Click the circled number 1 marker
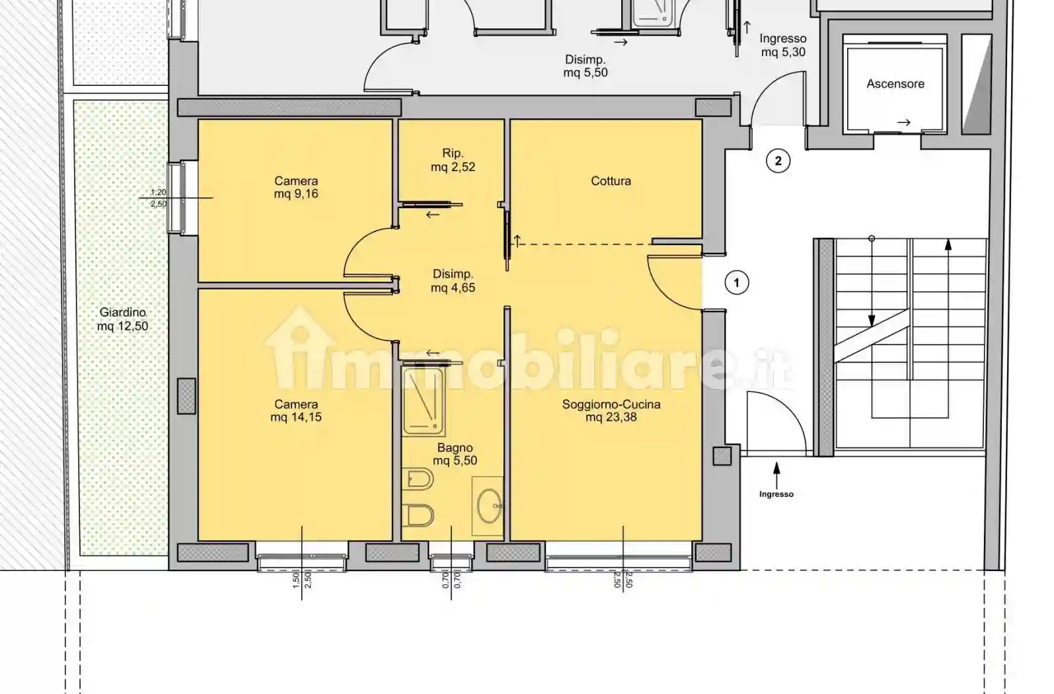[737, 283]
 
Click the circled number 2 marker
[778, 161]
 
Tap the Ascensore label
[895, 84]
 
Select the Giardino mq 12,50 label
[122, 319]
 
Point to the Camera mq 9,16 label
[296, 187]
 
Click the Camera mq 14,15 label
[296, 410]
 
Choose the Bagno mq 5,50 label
[455, 454]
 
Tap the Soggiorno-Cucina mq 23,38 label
[611, 410]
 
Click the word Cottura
[611, 180]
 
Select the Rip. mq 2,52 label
[453, 160]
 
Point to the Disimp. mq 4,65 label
[453, 281]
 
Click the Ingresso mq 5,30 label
[783, 46]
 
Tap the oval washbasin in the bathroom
[490, 506]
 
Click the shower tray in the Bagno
[423, 401]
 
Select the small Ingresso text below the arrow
[776, 494]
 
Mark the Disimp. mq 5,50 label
[585, 67]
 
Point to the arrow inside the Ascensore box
[903, 122]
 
